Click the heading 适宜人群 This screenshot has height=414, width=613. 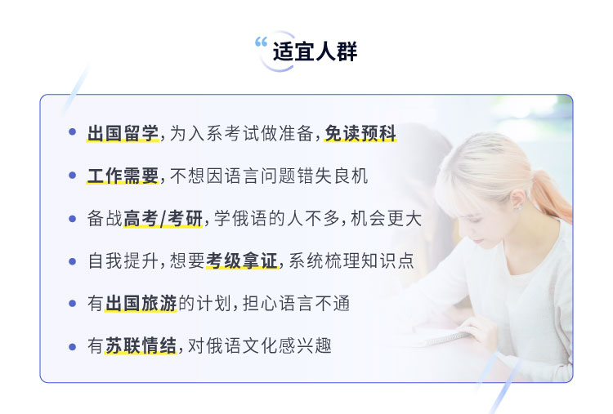[315, 51]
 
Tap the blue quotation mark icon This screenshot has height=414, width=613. [262, 42]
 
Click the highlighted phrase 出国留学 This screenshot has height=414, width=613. [123, 134]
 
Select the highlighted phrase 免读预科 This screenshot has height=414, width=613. [360, 134]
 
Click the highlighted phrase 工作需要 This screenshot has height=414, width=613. [123, 176]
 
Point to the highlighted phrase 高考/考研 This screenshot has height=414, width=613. [163, 218]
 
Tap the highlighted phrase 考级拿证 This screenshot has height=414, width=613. [242, 261]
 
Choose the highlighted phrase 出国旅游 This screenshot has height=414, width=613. [141, 304]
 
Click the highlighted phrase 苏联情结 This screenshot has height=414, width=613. [141, 345]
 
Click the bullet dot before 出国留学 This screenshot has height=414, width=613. [72, 132]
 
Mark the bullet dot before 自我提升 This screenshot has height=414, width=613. [72, 261]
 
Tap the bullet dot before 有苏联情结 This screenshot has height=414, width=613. [72, 346]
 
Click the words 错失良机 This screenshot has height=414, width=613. [333, 176]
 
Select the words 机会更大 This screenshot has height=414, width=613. [387, 218]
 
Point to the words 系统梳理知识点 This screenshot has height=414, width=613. [351, 261]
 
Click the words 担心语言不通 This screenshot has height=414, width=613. [296, 304]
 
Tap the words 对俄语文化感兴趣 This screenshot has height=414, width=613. [260, 345]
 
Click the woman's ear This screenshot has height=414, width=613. [517, 199]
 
